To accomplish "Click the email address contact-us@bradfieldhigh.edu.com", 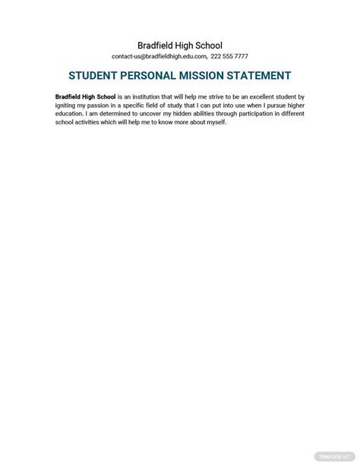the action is coord(159,57).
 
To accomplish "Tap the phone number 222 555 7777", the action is coord(230,57).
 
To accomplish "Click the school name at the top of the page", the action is coord(179,45).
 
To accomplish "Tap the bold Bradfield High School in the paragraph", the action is coord(86,97).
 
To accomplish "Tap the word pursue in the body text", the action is coord(267,105).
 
